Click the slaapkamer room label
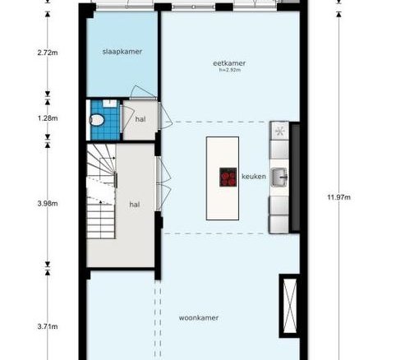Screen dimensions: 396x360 122,52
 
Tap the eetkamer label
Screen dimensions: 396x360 229,63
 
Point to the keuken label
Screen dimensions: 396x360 254,177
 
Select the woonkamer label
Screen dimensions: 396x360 199,318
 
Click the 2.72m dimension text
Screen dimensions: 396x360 48,53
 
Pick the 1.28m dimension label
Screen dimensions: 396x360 48,118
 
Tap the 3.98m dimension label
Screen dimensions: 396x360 48,203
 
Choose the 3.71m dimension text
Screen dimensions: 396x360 48,326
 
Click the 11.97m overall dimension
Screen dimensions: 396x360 339,197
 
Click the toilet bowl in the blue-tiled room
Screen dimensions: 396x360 96,120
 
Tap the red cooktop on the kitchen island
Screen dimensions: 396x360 228,178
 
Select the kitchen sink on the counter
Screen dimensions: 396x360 279,178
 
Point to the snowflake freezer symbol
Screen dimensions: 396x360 279,132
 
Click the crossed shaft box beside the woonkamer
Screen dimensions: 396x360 289,306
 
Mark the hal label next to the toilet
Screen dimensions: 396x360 140,119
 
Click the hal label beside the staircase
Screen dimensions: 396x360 135,205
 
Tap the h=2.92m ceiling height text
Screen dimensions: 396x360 230,70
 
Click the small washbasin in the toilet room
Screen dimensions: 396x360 110,104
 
